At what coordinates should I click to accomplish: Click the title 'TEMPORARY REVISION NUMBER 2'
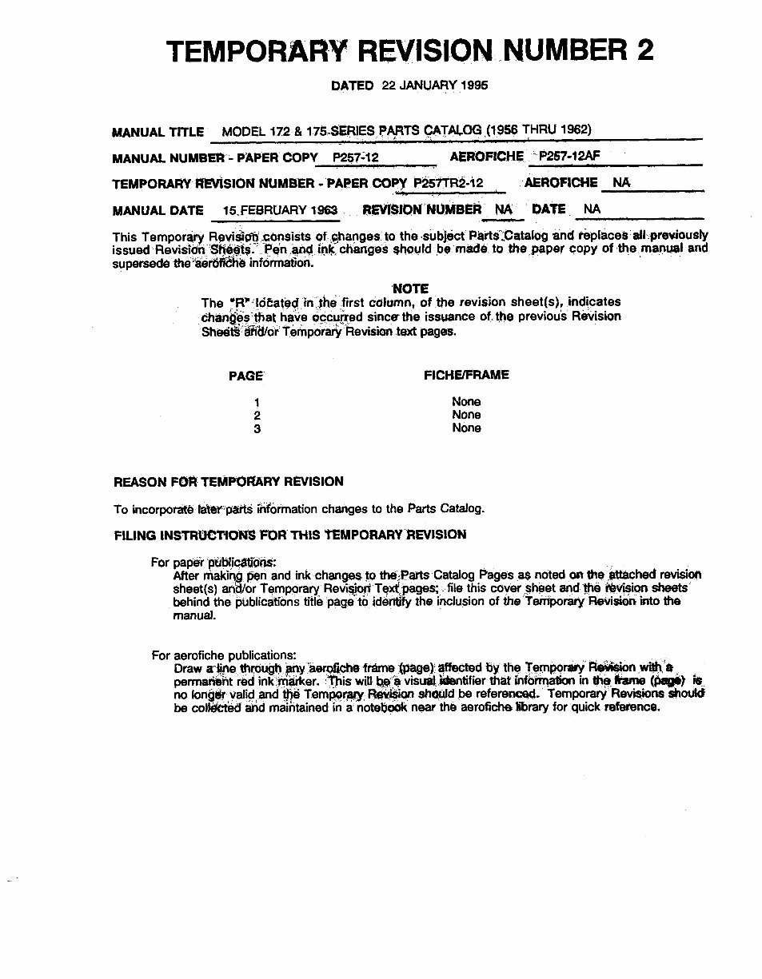click(x=409, y=51)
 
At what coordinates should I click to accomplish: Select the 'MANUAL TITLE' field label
click(x=158, y=133)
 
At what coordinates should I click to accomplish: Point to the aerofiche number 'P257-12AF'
click(x=569, y=157)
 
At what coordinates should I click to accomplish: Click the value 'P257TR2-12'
click(x=448, y=183)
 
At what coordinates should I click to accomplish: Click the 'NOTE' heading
click(x=411, y=289)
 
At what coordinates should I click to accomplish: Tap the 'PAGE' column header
click(x=245, y=376)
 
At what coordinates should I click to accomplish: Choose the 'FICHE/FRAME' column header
click(x=466, y=375)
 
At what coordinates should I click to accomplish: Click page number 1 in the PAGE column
click(x=257, y=402)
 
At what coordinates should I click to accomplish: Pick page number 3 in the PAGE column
click(x=257, y=429)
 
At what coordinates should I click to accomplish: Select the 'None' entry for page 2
click(x=466, y=415)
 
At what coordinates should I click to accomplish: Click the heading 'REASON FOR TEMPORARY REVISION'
click(x=229, y=482)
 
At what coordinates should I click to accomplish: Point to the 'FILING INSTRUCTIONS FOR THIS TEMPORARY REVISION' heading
click(x=290, y=535)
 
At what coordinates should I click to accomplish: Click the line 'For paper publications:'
click(x=213, y=563)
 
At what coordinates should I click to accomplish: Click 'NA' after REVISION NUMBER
click(x=503, y=209)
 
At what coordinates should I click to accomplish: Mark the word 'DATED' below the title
click(x=352, y=86)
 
